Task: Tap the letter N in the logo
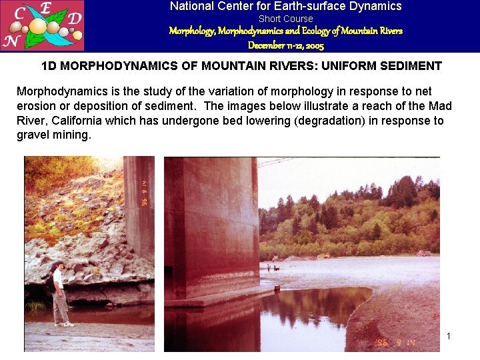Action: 10,41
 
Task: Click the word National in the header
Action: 193,7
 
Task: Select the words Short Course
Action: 285,19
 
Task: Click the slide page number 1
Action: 449,336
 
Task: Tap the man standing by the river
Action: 60,293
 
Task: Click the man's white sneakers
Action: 65,324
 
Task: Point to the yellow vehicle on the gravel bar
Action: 324,255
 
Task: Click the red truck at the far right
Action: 423,253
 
